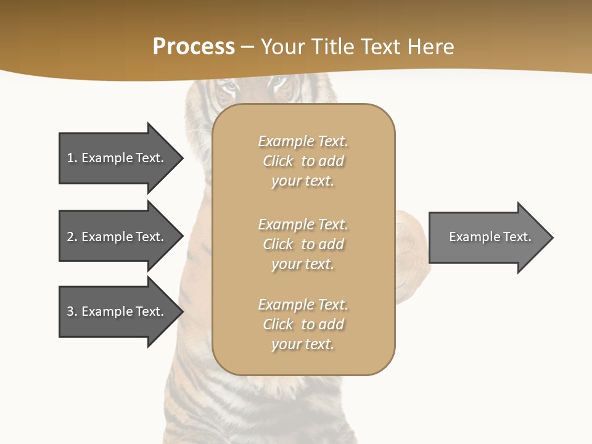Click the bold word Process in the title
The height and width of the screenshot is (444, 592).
(194, 47)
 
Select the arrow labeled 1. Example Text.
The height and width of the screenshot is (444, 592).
(115, 158)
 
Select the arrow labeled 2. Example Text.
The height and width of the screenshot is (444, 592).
(115, 237)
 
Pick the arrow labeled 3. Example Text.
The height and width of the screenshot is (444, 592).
(115, 311)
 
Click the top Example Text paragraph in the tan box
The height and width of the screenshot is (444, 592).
(303, 161)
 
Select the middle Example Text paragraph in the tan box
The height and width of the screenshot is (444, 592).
(303, 244)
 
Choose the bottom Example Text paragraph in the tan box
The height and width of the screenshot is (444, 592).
(303, 324)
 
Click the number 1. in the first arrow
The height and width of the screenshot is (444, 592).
(72, 158)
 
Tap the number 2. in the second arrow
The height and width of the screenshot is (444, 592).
(72, 237)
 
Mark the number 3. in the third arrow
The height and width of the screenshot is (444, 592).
(72, 311)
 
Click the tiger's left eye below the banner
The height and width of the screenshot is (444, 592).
(229, 87)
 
